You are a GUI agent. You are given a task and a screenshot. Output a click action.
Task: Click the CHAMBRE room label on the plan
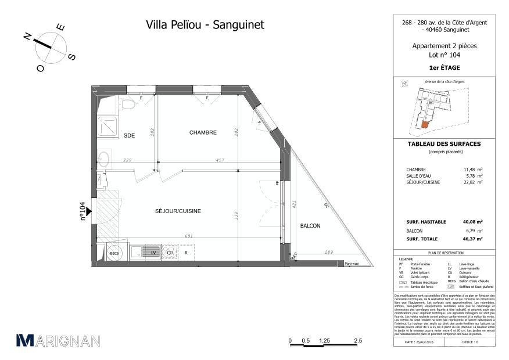203,132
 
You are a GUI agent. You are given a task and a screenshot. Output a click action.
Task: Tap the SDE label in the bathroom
129,136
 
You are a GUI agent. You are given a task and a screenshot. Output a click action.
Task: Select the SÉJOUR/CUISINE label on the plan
178,211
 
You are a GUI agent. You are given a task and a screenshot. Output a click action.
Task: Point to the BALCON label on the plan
310,226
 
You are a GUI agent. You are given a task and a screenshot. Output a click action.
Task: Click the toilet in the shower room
127,104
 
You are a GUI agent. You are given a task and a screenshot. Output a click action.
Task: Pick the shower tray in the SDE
108,126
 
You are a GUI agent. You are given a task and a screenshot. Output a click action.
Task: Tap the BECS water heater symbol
114,253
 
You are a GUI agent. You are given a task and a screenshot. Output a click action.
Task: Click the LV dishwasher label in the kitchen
153,253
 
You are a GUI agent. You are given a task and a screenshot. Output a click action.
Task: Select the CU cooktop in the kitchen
170,253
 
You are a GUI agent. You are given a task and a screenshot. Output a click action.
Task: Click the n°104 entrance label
83,211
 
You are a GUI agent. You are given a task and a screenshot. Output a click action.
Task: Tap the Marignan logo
58,341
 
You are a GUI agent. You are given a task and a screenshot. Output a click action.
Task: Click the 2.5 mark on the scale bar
358,341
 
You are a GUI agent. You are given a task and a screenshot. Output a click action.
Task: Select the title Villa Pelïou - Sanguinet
205,25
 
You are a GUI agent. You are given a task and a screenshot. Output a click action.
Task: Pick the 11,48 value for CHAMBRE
469,170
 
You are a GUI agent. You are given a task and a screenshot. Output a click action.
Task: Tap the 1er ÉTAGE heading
445,68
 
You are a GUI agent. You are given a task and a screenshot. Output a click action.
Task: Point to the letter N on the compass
27,36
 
